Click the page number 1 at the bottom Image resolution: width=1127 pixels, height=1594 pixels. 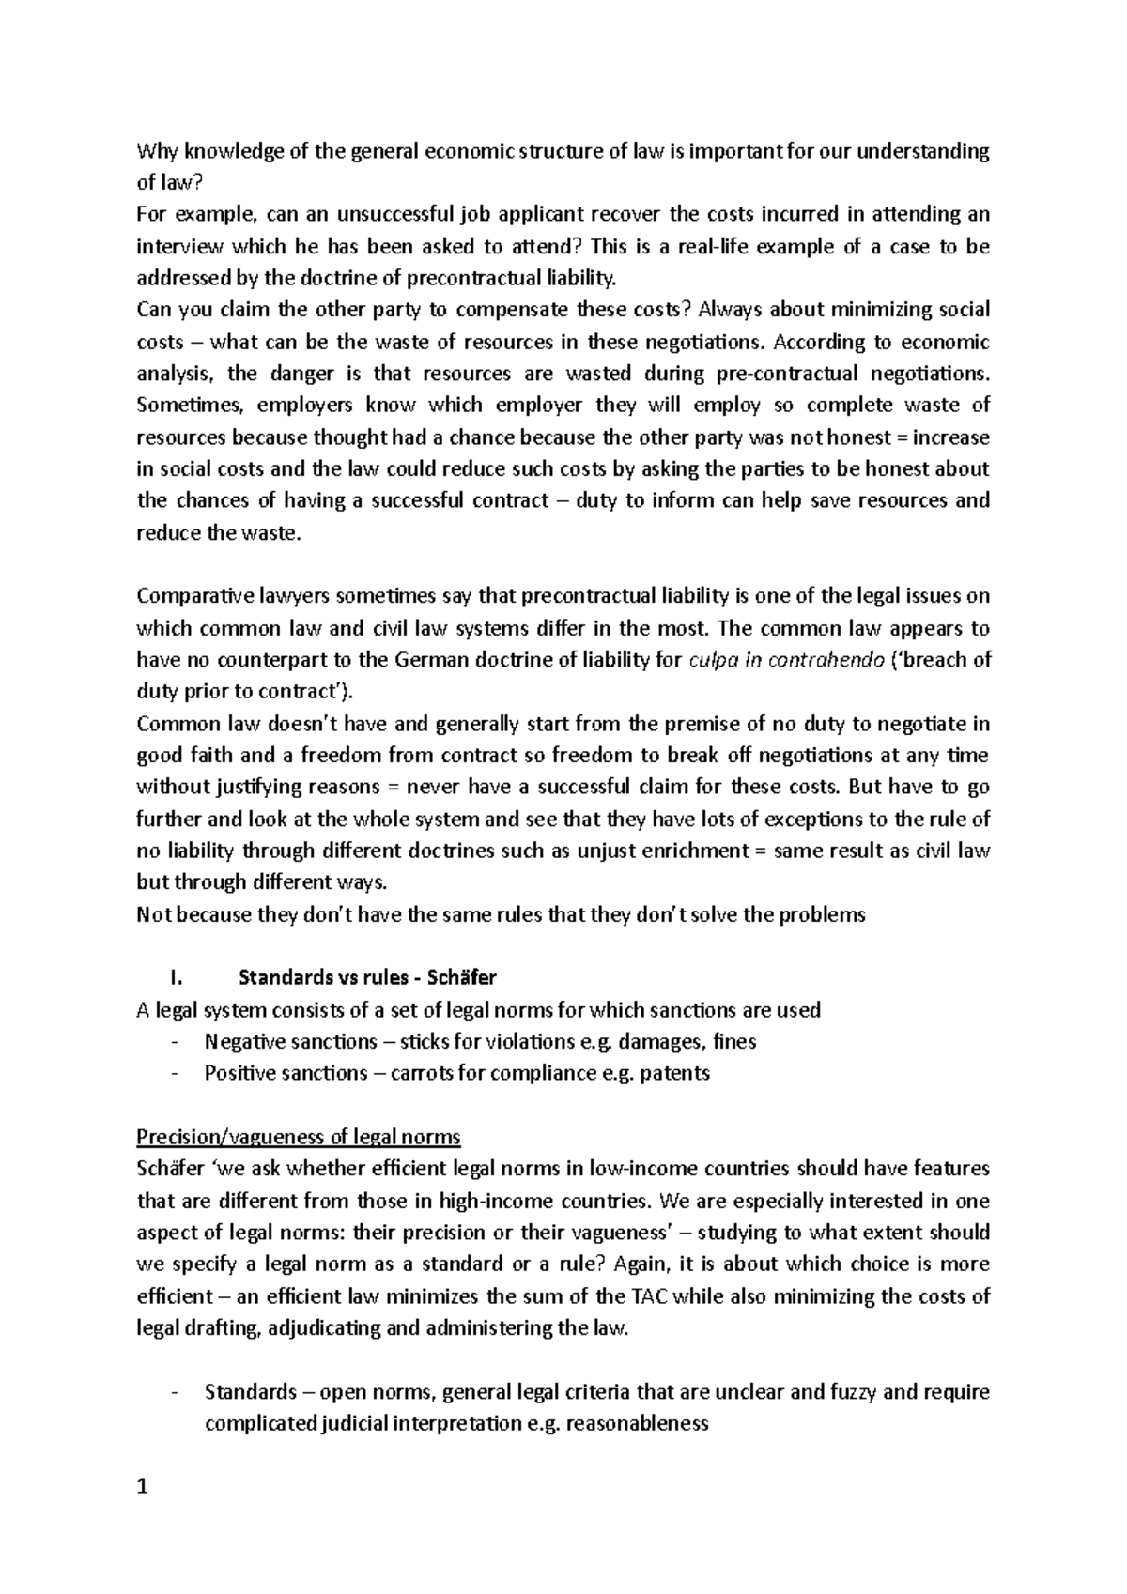click(143, 1487)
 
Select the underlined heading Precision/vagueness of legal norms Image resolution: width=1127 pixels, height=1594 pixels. click(299, 1137)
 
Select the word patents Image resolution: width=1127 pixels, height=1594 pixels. click(674, 1073)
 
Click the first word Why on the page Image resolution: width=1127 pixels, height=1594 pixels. click(156, 151)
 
